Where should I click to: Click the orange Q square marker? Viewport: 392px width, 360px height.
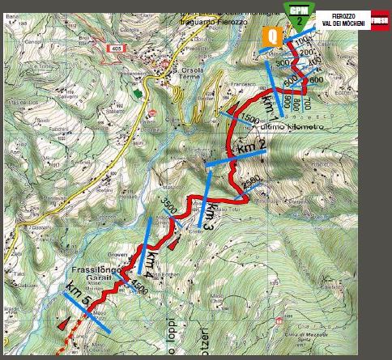click(x=273, y=36)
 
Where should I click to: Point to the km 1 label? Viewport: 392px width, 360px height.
click(x=271, y=105)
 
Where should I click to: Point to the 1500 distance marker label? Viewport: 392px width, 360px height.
click(x=249, y=120)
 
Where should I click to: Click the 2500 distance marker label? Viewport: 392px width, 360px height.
click(x=252, y=180)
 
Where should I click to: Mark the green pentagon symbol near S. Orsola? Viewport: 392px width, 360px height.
click(x=138, y=93)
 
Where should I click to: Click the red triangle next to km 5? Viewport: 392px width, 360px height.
click(x=63, y=323)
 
